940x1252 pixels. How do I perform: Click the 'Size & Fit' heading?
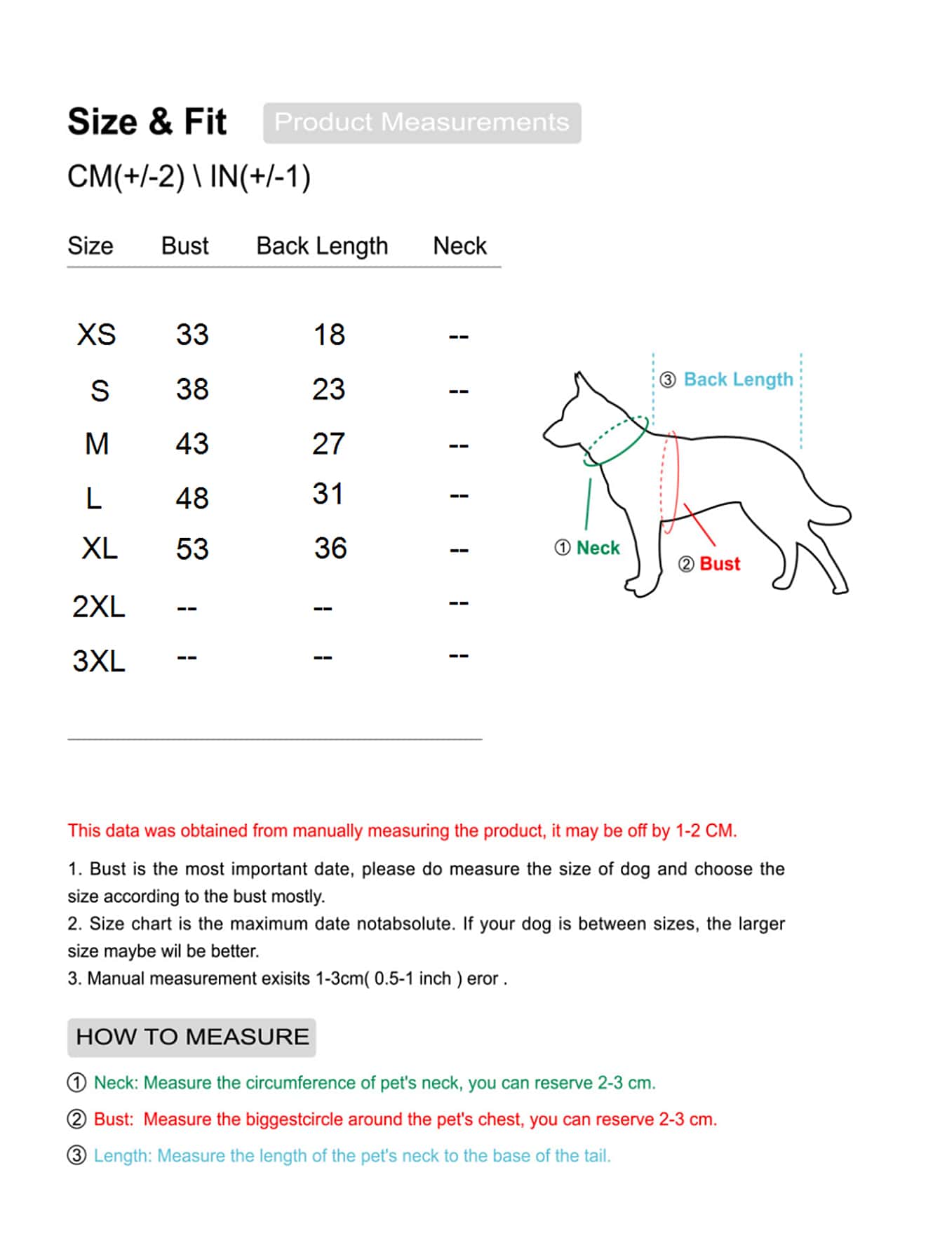click(147, 122)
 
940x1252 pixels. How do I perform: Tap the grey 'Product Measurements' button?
click(422, 123)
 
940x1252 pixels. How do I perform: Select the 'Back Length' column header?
click(322, 246)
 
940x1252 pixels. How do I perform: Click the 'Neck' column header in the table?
click(459, 245)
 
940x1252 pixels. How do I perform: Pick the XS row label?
click(97, 335)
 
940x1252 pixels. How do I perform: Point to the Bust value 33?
click(192, 335)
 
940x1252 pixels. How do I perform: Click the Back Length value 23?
click(329, 389)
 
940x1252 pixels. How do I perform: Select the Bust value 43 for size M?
click(192, 444)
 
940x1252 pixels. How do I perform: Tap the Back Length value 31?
click(328, 494)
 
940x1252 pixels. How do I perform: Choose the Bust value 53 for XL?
click(192, 548)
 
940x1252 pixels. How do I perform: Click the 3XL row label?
click(99, 661)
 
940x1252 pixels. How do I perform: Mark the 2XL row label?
click(99, 607)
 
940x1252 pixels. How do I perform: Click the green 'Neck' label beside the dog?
click(598, 548)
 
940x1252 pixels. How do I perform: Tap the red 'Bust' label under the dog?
click(720, 564)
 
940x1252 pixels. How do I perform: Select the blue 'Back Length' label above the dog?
click(739, 379)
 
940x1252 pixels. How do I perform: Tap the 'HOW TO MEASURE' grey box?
click(192, 1037)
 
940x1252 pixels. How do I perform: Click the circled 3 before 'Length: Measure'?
click(77, 1155)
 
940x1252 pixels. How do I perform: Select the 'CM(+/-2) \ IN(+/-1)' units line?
click(189, 176)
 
